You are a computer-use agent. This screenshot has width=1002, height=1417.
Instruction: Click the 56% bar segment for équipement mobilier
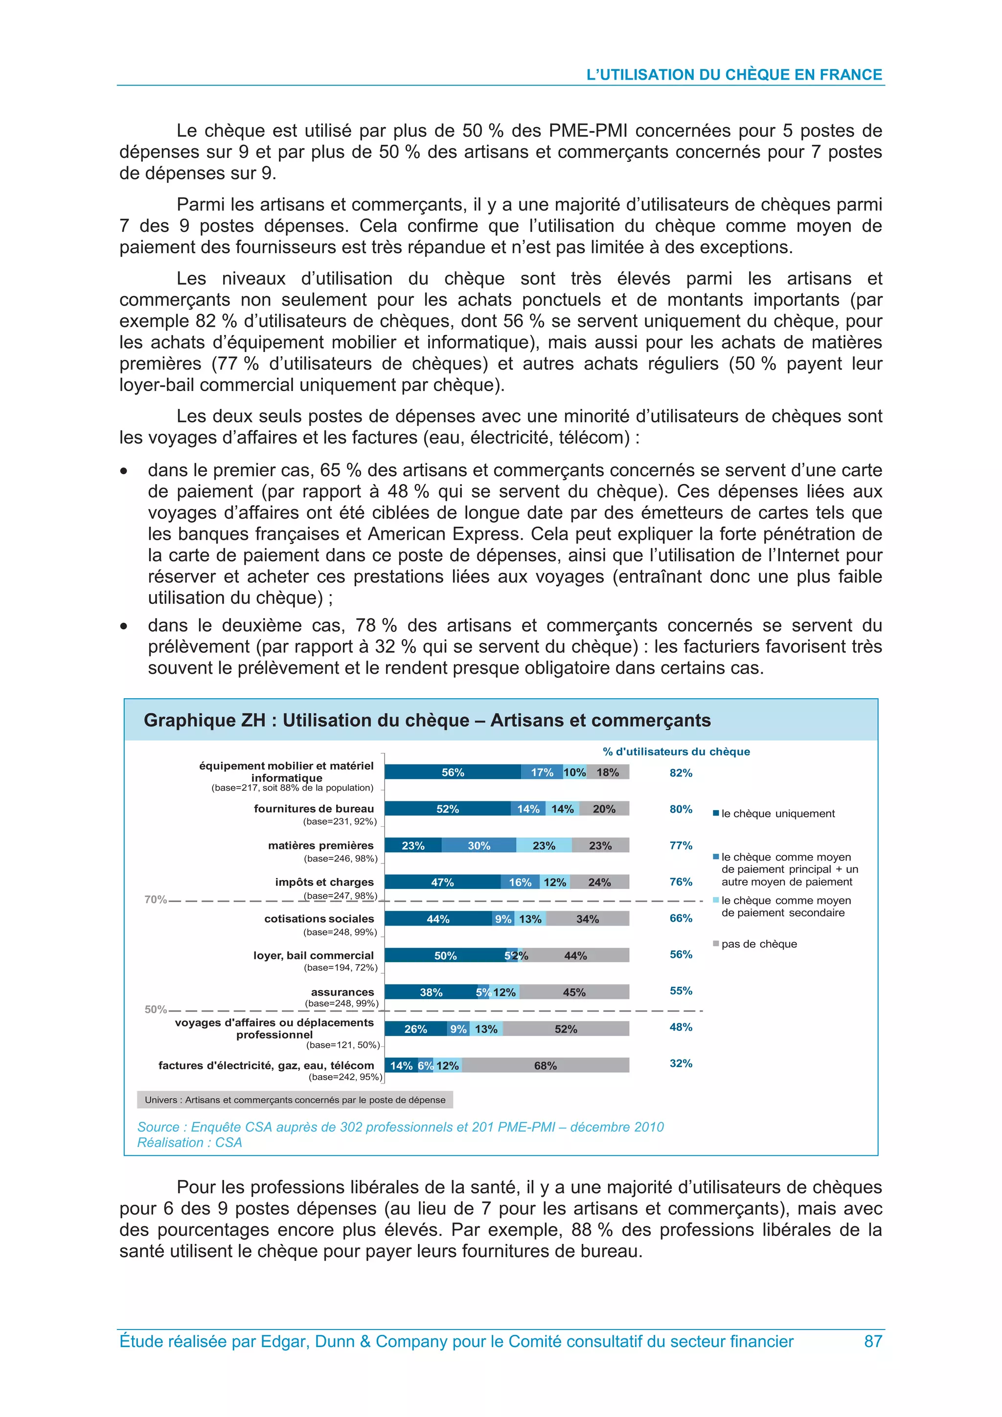click(x=453, y=772)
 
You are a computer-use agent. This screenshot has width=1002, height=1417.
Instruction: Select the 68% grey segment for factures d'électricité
click(x=545, y=1065)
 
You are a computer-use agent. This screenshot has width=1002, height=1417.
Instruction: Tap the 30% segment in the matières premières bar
click(x=478, y=845)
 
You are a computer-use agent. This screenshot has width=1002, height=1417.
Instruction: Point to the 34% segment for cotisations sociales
click(x=587, y=919)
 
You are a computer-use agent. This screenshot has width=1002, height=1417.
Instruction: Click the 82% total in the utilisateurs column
click(x=681, y=773)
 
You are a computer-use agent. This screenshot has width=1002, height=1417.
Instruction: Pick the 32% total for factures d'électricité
click(x=681, y=1063)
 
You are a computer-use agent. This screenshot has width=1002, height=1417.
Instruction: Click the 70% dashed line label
click(x=156, y=900)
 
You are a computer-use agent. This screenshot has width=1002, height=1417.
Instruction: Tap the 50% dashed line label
click(x=156, y=1010)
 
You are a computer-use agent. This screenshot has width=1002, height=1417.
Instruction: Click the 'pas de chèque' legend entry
click(x=759, y=944)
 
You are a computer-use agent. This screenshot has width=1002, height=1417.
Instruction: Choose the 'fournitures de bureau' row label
click(x=314, y=808)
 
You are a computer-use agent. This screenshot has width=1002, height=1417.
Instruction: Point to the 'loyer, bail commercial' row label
click(x=313, y=955)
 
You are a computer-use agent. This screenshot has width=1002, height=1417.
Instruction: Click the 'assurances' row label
click(x=342, y=992)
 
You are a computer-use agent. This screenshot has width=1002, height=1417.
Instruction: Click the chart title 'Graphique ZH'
click(x=427, y=720)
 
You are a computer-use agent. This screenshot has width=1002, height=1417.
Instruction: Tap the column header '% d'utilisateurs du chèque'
click(x=676, y=752)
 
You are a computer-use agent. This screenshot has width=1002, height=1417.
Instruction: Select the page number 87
click(x=872, y=1341)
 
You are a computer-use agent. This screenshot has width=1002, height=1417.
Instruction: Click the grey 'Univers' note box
click(x=295, y=1100)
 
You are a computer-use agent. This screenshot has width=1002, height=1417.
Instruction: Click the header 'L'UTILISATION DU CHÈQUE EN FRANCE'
click(x=733, y=75)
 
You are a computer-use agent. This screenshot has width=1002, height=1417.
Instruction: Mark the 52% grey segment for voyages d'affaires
click(x=566, y=1029)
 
